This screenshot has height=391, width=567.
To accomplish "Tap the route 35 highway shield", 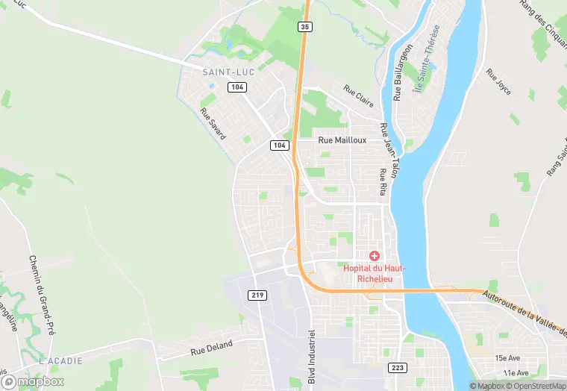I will pos(304,27).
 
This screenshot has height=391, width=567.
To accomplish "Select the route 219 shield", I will pos(258,295).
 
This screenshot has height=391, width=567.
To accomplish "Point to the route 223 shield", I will pos(398,368).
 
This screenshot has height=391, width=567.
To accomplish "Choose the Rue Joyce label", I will pos(498,82).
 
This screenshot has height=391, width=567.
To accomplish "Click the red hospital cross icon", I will pos(375,256).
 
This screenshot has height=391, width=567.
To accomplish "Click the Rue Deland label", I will pos(212,345).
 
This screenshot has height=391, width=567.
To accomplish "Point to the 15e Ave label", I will pos(512,358).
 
